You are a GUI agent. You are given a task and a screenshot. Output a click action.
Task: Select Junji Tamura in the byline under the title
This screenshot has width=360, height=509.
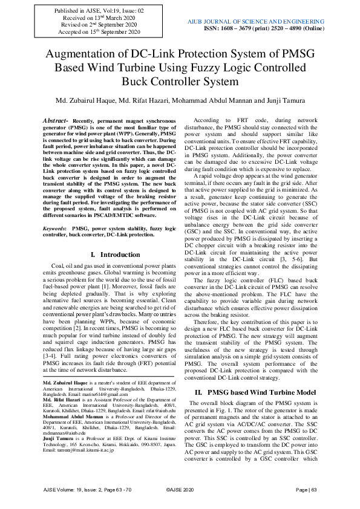pyautogui.click(x=284, y=100)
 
